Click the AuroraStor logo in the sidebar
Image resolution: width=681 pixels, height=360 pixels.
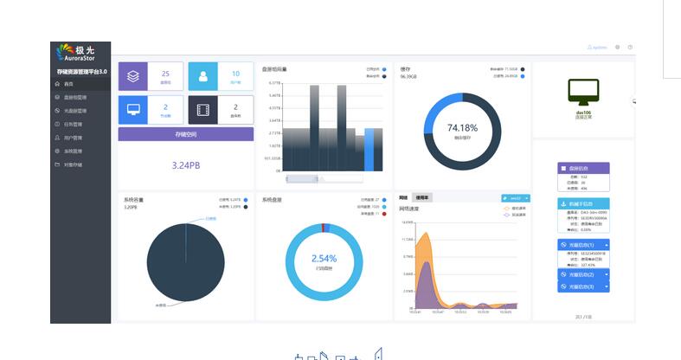[x=80, y=54]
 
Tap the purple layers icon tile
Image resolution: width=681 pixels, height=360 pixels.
[x=133, y=76]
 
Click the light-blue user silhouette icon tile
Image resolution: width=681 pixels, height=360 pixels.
[x=203, y=76]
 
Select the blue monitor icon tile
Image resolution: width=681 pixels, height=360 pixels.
[x=133, y=110]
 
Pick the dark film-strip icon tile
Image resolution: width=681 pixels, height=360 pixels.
[x=203, y=110]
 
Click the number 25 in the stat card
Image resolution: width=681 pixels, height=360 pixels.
[x=165, y=74]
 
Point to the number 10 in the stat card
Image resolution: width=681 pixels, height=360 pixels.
[x=235, y=74]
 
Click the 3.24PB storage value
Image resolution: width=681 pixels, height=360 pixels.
[x=185, y=164]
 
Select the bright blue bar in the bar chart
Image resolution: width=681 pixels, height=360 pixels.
[x=369, y=149]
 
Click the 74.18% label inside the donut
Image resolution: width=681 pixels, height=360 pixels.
[x=462, y=127]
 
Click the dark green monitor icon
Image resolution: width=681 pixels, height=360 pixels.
[x=583, y=91]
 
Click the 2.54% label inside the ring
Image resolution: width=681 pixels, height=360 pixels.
[x=324, y=258]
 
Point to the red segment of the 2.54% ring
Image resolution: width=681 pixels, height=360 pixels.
[x=324, y=227]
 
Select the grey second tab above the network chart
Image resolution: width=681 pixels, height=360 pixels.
[x=421, y=198]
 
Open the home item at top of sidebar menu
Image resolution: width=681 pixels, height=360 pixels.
[x=69, y=84]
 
